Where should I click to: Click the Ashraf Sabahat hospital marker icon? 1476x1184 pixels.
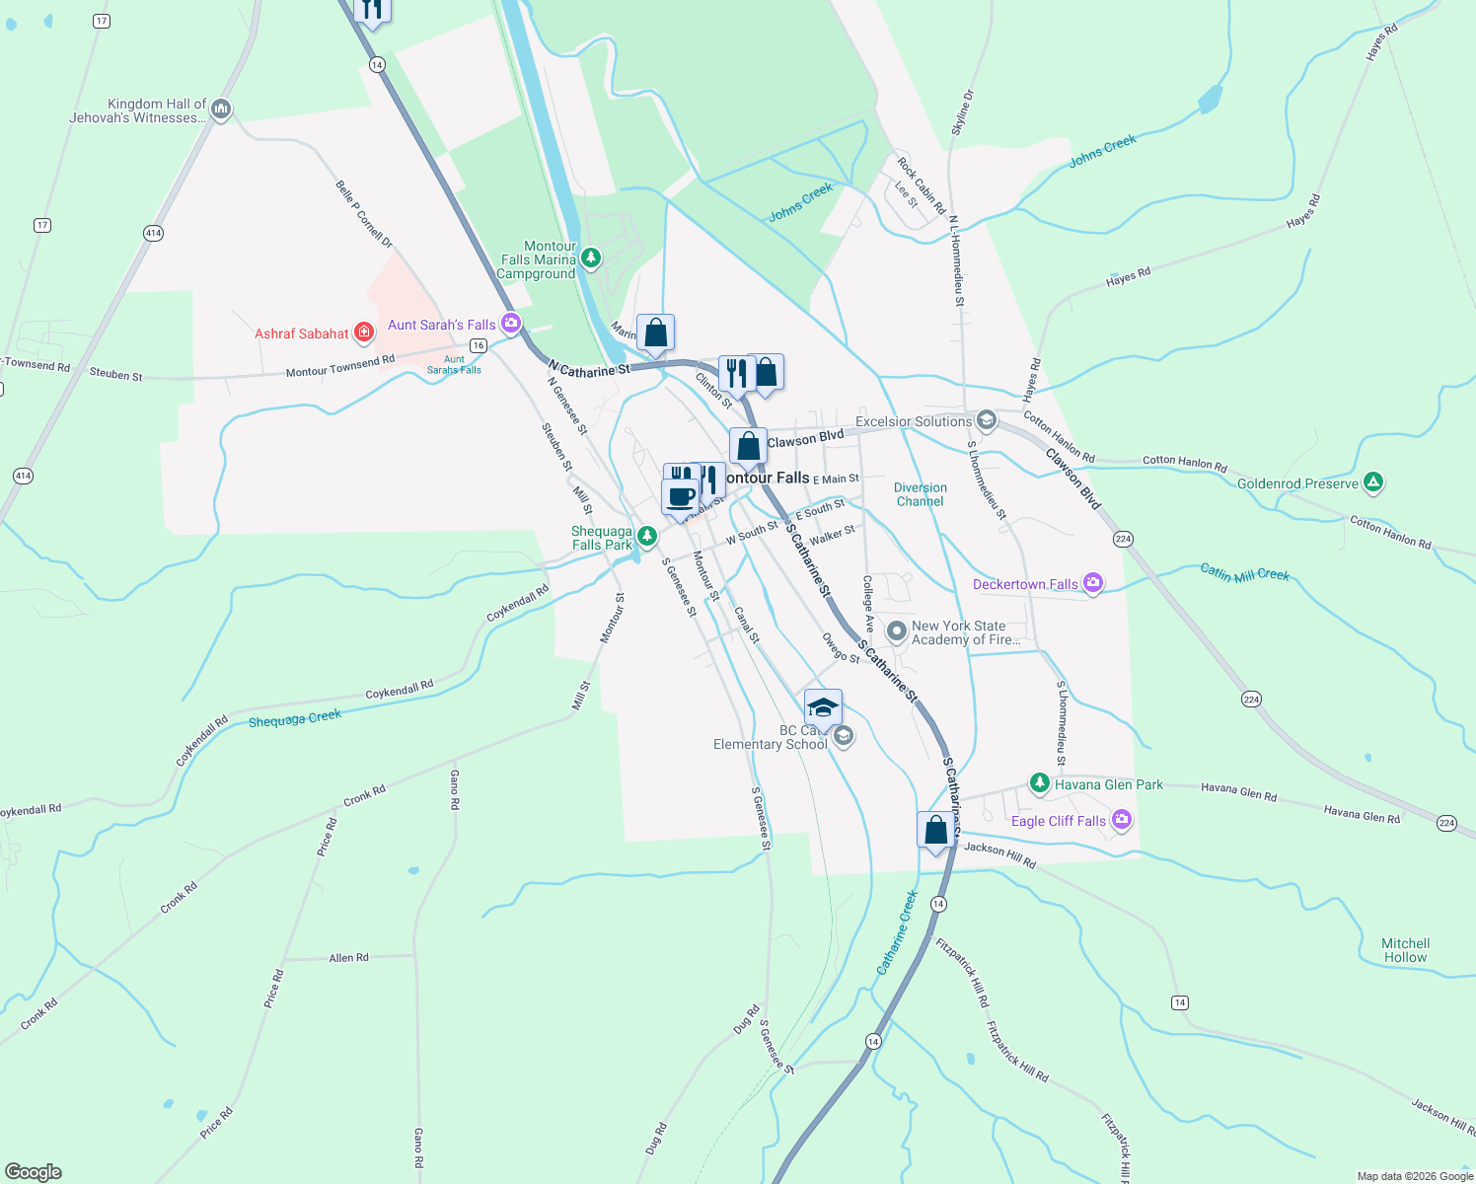364,333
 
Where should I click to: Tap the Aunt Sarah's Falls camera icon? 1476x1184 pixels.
510,323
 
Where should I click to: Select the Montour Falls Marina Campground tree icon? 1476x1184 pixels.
591,259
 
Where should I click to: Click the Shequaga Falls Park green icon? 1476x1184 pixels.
646,536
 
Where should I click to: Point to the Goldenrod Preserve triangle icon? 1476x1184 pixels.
1372,482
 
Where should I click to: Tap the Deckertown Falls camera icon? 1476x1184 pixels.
1092,583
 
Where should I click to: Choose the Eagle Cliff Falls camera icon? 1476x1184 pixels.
1121,820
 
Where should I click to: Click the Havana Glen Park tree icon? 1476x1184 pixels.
1039,783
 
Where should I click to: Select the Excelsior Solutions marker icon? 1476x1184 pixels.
986,421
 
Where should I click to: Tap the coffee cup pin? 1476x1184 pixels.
680,496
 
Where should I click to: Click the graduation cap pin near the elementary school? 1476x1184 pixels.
823,707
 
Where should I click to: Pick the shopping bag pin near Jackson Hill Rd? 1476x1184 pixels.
935,830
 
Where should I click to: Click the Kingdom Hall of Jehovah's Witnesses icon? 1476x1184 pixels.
221,110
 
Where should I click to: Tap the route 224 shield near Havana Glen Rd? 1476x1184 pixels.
1446,823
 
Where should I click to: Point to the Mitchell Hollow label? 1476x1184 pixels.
1405,950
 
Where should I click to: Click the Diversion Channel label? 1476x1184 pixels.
920,494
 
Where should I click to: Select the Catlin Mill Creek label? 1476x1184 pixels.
1244,573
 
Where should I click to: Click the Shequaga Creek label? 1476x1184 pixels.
294,718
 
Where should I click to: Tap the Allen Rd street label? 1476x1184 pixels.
348,957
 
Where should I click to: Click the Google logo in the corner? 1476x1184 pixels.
34,1172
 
